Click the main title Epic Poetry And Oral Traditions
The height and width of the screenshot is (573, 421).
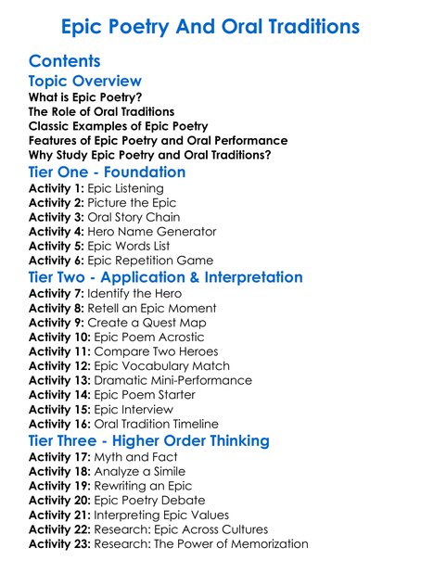click(210, 24)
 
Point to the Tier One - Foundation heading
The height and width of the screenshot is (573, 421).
click(107, 172)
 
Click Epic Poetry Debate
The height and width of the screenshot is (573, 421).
click(157, 500)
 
